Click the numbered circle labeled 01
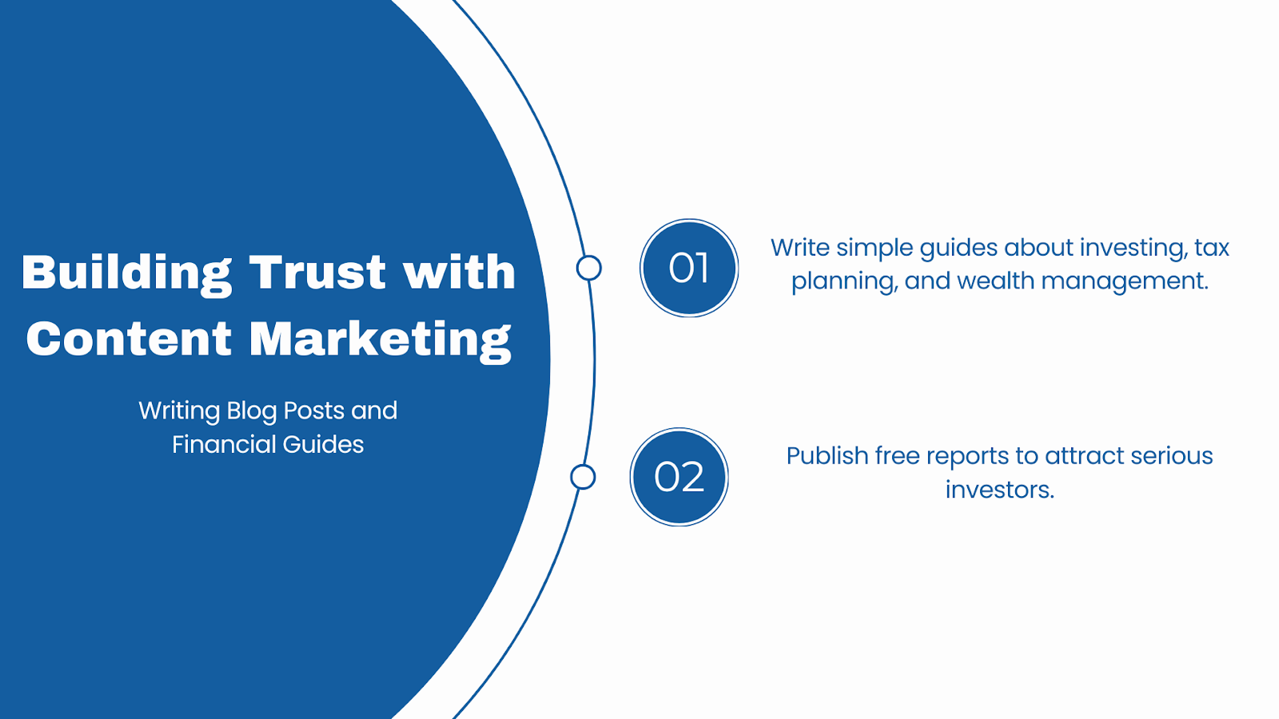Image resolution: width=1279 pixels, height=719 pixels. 689,268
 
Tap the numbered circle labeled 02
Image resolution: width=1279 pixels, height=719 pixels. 679,477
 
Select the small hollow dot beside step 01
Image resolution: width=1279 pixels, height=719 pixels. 588,268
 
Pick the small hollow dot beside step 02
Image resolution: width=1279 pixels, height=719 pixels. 583,477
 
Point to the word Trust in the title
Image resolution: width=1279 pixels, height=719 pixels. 318,272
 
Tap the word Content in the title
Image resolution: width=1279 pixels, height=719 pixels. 129,339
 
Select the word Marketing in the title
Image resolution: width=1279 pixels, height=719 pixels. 380,341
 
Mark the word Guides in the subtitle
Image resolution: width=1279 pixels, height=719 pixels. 323,444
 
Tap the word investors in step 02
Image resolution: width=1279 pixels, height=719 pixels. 999,490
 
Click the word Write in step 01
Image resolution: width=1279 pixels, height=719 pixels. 800,248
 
